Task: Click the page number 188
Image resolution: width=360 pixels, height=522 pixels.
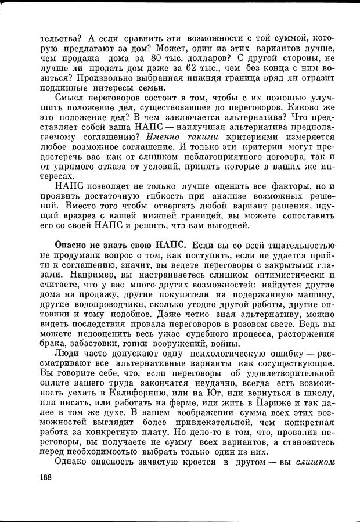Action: point(44,477)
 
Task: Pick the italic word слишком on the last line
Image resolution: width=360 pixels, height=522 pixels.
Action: point(315,462)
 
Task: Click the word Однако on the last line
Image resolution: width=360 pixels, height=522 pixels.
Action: point(72,462)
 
